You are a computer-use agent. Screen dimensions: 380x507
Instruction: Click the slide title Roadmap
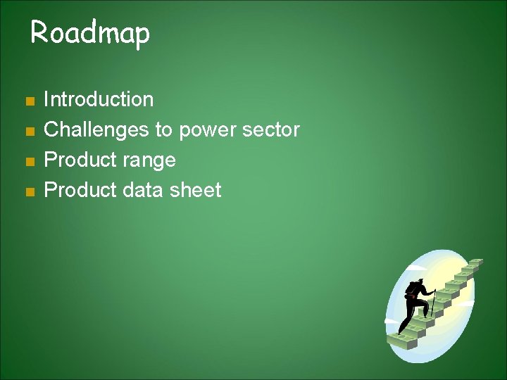click(90, 33)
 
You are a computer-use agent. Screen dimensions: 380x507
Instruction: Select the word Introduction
click(99, 99)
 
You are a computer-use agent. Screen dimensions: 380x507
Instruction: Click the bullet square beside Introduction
click(29, 101)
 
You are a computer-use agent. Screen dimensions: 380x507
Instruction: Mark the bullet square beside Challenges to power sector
click(29, 132)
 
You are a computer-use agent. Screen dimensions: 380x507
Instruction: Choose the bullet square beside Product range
click(29, 162)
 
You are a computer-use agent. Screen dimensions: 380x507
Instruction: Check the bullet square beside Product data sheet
click(29, 192)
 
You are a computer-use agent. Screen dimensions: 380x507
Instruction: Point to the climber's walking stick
click(434, 303)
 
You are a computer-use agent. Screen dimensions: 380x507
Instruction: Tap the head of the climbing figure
click(420, 281)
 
